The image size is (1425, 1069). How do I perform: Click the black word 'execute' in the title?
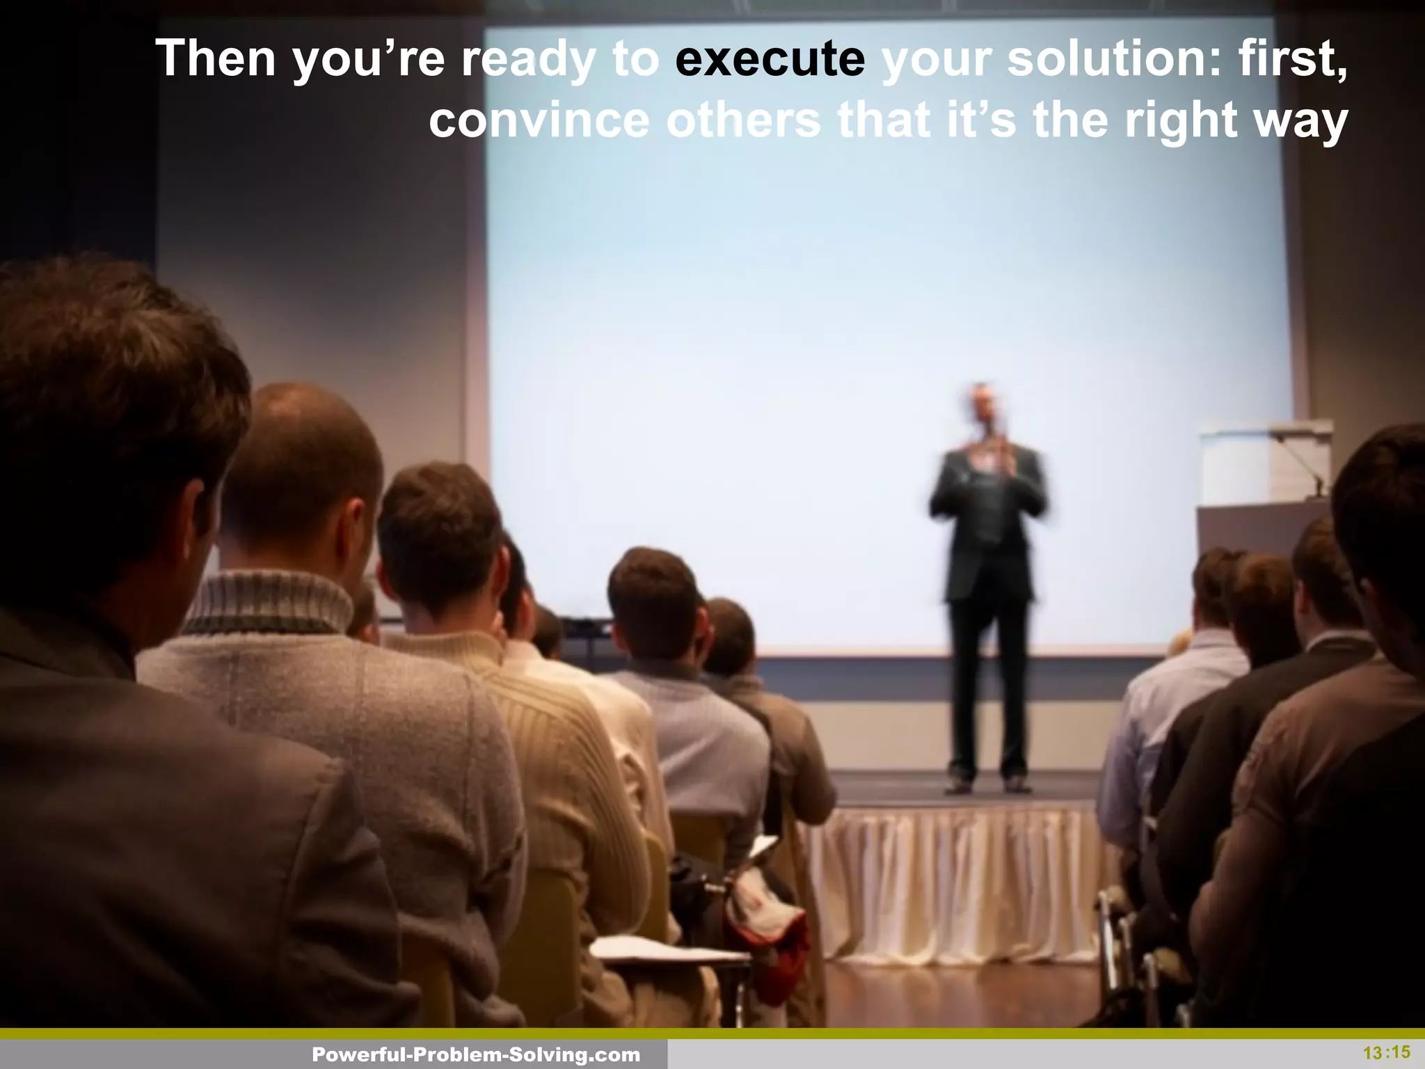coord(770,58)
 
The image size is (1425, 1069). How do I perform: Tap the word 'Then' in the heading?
coord(216,58)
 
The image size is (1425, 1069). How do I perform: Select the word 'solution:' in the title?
coord(1113,58)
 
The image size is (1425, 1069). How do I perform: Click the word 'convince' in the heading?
coord(539,120)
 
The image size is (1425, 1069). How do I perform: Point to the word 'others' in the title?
coord(743,120)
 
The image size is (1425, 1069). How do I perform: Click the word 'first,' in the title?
coord(1293,60)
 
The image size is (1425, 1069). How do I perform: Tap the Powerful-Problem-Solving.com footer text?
coord(476,1055)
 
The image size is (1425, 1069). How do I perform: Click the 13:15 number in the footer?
coord(1386,1052)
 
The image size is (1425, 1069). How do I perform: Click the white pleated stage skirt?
coord(953,884)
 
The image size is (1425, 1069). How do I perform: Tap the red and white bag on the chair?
coord(765,926)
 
